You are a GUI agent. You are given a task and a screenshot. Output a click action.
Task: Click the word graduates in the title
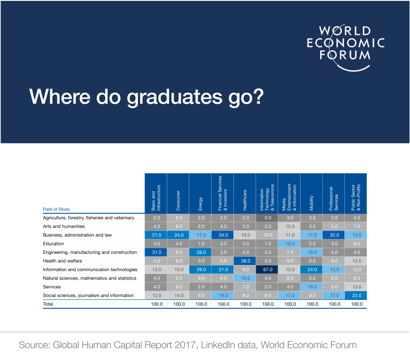[x=175, y=97]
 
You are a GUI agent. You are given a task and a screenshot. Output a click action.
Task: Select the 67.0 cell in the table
[x=268, y=270]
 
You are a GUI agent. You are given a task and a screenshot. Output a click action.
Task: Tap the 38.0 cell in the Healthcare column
[x=246, y=261]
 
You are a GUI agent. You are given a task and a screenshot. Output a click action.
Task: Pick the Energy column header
[x=200, y=193]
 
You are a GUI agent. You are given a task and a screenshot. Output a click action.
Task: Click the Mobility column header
[x=311, y=193]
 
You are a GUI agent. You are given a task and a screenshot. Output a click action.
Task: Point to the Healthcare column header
[x=245, y=193]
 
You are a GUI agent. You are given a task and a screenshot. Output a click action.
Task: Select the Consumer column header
[x=178, y=193]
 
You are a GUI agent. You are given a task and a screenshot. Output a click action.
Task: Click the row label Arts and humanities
[x=64, y=226]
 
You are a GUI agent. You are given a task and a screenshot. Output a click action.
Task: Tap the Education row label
[x=53, y=244]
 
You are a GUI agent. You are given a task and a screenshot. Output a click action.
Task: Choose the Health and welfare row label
[x=62, y=261]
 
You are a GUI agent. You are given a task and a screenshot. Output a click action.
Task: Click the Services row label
[x=52, y=287]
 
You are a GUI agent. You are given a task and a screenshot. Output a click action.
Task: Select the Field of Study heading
[x=56, y=209]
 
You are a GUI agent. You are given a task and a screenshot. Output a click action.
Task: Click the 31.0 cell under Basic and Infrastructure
[x=157, y=252]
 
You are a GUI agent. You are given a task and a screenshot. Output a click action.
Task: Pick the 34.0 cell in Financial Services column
[x=223, y=235]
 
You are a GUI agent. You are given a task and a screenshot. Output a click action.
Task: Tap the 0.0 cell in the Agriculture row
[x=268, y=218]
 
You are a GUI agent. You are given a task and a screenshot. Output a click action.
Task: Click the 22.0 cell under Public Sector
[x=357, y=295]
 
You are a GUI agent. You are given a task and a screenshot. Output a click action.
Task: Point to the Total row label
[x=48, y=304]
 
